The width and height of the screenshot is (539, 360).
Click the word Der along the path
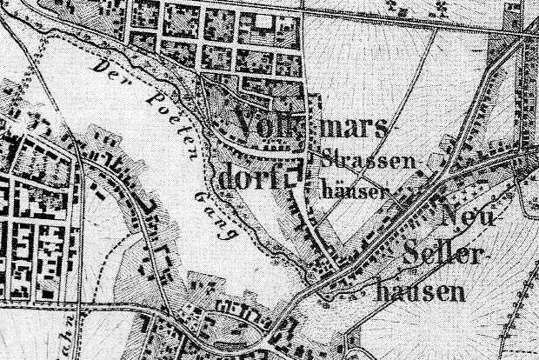[109, 70]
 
